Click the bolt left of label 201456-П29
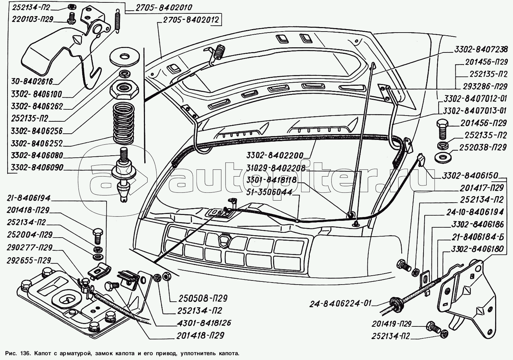coord(442,128)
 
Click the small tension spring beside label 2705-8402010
coord(118,21)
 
